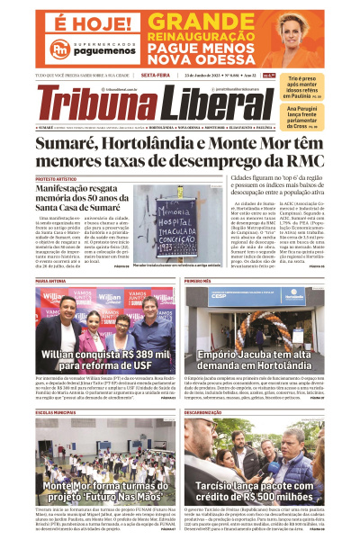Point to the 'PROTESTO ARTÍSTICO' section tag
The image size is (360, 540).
57,180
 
